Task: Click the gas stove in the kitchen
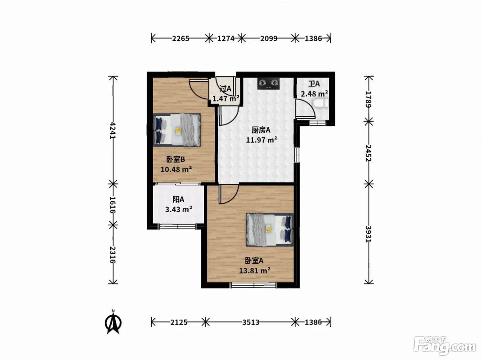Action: click(x=269, y=84)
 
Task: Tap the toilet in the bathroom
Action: click(x=321, y=103)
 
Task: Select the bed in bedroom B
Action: click(x=177, y=130)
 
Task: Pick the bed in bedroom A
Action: click(x=270, y=230)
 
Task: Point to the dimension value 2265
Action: click(x=180, y=39)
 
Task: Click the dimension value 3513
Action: click(x=251, y=322)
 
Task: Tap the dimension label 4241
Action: click(x=113, y=130)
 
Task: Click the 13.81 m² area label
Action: click(x=254, y=271)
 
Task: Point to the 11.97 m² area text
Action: click(x=261, y=140)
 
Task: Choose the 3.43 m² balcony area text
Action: click(x=179, y=209)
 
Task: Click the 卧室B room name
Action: click(x=176, y=159)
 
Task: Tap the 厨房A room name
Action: click(x=261, y=130)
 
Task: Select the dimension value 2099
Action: click(x=269, y=39)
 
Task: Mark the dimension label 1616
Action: click(x=113, y=204)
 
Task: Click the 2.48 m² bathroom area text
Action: click(x=314, y=94)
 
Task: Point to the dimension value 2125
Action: click(x=179, y=322)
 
